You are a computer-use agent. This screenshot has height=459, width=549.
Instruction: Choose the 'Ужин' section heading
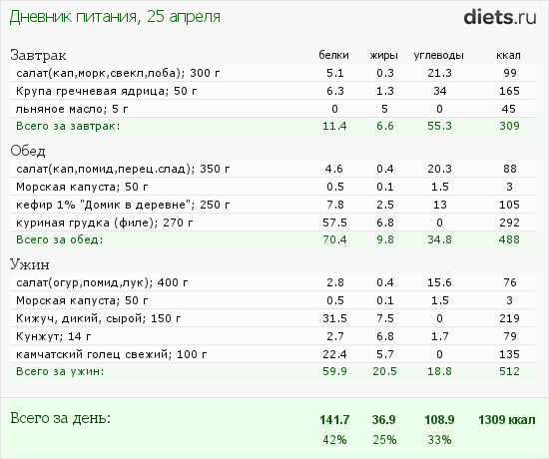31,265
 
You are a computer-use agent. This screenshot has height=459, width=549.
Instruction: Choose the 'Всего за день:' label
60,416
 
